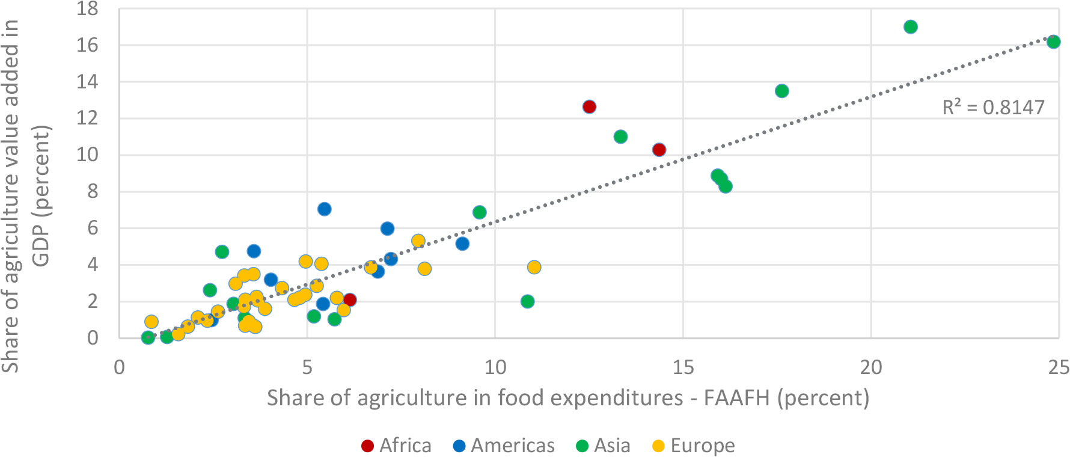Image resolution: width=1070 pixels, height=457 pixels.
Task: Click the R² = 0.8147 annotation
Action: click(x=993, y=107)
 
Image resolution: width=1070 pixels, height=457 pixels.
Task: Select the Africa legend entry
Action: click(x=396, y=446)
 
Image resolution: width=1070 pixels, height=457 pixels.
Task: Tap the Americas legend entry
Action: click(x=504, y=446)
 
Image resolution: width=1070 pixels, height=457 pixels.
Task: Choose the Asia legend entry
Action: click(x=603, y=446)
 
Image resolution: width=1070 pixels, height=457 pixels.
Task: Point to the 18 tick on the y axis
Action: click(x=87, y=9)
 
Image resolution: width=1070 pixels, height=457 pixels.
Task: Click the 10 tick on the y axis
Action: click(x=87, y=155)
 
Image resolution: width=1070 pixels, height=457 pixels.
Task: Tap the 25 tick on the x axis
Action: click(x=1059, y=366)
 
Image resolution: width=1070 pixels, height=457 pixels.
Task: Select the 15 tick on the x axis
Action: click(x=683, y=366)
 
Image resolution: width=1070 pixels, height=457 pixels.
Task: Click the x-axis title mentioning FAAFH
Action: click(x=568, y=398)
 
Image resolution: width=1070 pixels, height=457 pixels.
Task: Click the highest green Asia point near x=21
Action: click(x=910, y=26)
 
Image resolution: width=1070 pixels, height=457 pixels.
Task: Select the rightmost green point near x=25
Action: click(x=1053, y=41)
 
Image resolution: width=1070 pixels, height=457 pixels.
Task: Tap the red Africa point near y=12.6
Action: click(x=589, y=106)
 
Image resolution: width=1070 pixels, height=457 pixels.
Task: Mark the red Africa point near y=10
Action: click(x=659, y=150)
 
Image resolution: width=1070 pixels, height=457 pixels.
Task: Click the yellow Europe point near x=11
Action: click(x=534, y=267)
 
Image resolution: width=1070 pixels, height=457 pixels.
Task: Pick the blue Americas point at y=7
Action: click(x=324, y=209)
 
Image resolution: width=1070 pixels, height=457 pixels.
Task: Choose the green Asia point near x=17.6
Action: click(x=781, y=91)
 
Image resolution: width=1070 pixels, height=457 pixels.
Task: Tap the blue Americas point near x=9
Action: click(x=462, y=244)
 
